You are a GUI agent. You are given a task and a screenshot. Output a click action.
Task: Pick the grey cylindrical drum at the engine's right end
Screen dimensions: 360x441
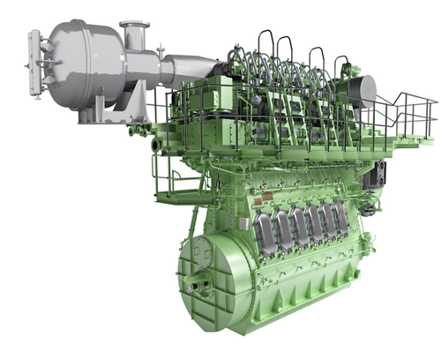(x=362, y=91)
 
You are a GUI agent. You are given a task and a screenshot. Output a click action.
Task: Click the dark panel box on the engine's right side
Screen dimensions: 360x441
(x=382, y=172)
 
